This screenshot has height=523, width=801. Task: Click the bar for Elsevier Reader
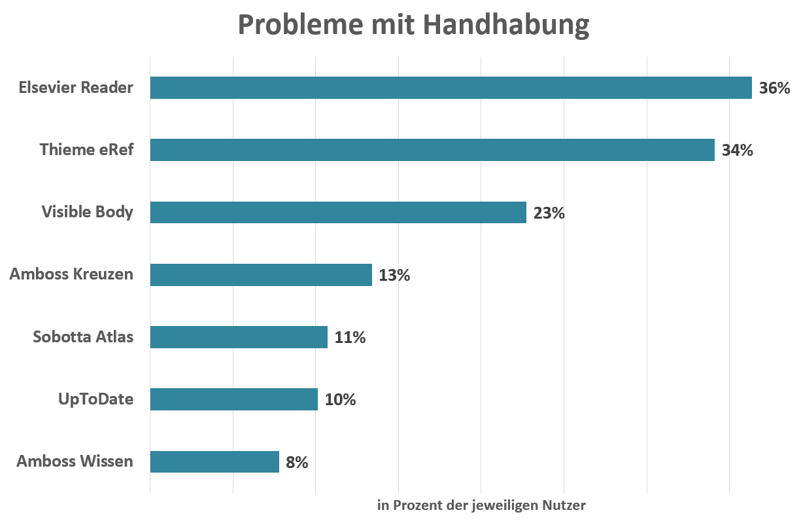451,88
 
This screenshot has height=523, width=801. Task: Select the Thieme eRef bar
432,150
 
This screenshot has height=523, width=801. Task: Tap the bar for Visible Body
338,212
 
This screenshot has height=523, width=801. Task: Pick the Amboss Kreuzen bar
261,275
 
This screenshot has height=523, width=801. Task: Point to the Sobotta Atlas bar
239,337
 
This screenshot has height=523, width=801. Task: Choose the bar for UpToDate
233,399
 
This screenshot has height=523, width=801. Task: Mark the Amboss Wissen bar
214,461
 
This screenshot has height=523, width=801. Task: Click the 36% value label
774,88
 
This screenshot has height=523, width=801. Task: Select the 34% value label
737,150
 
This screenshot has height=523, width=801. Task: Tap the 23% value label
549,213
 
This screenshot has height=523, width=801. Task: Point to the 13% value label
394,275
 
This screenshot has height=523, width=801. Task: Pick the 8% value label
297,462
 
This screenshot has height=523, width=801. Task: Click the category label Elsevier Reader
76,87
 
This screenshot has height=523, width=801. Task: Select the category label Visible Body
87,212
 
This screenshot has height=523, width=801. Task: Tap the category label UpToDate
95,399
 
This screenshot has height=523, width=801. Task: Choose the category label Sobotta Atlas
83,337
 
